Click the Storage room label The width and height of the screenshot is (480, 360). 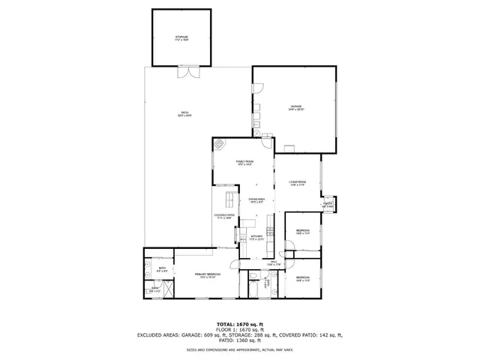coord(181,37)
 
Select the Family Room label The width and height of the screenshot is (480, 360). coord(245,163)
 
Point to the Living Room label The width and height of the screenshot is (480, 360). coord(298,183)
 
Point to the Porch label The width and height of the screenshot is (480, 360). coord(328,204)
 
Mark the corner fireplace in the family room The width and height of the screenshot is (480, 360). coord(220,145)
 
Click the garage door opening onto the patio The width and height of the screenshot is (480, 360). coord(253,88)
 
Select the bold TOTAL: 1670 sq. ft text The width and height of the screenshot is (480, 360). coord(239,322)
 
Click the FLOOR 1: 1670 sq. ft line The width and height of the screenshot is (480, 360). coord(239,328)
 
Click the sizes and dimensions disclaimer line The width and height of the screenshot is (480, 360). coord(239,349)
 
